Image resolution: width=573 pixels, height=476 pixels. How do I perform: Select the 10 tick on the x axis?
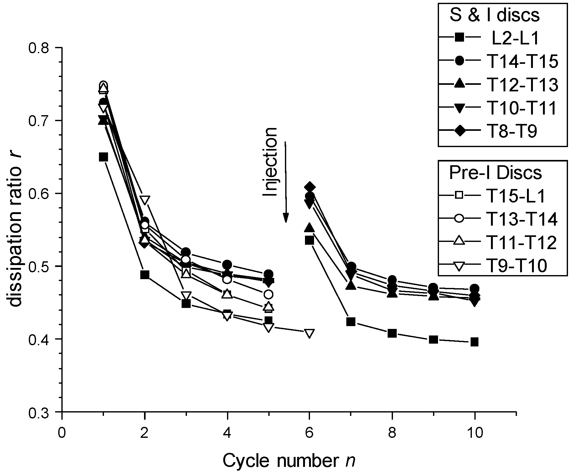[474, 433]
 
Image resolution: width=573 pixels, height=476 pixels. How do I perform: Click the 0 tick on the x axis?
[62, 433]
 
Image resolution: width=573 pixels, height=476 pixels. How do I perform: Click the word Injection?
[270, 162]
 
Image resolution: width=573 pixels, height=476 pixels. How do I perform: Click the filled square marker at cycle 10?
[474, 342]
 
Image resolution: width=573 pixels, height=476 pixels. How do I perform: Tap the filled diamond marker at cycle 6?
[310, 187]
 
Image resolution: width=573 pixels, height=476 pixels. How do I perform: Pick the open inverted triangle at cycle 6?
[310, 333]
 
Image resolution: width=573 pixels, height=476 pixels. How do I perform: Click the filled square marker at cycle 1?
[103, 157]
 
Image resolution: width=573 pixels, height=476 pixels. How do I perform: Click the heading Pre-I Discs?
[495, 172]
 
